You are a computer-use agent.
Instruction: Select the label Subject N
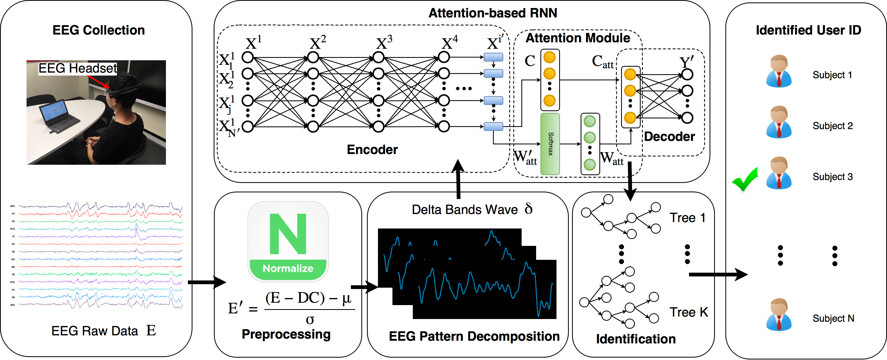pos(833,318)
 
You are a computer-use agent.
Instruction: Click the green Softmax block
pos(550,144)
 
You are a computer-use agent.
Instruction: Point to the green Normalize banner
pos(288,268)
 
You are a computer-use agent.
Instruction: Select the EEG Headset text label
pos(77,68)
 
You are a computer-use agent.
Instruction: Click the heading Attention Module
pos(577,38)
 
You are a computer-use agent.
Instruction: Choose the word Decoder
pos(669,137)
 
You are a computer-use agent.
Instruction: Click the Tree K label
pos(689,312)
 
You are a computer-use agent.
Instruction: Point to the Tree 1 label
pos(687,217)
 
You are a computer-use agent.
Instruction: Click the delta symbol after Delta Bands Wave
pos(529,209)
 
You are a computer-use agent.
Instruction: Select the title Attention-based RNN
pos(492,13)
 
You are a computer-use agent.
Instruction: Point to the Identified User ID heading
pos(808,30)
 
